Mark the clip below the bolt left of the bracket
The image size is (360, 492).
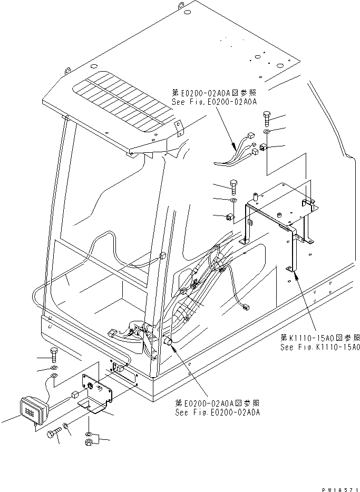pos(229,217)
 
